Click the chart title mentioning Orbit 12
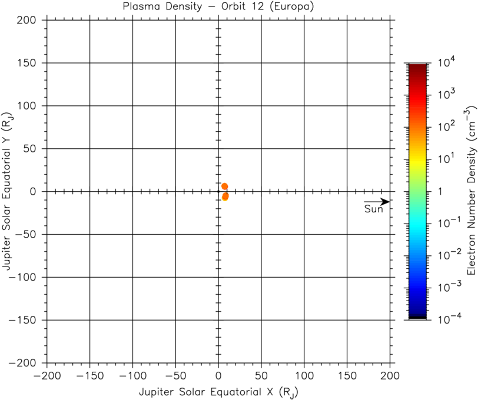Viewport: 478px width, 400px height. [218, 7]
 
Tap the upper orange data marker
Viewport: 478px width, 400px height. [224, 186]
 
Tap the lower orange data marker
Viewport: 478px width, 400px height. [225, 196]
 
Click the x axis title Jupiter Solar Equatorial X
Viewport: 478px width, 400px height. [218, 391]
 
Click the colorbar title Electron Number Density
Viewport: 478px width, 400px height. [470, 192]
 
